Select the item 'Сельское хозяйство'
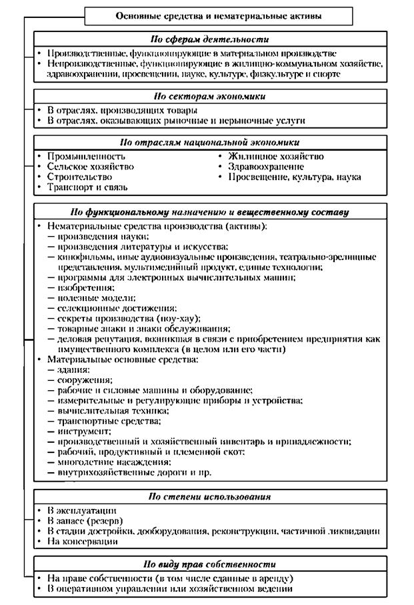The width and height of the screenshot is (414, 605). (x=90, y=166)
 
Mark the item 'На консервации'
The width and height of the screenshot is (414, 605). (x=83, y=541)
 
